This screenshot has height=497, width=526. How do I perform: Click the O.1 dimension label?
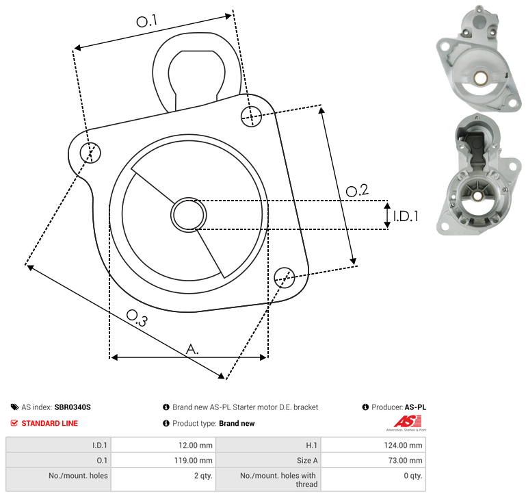click(x=147, y=21)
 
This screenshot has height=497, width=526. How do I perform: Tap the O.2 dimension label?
click(x=357, y=190)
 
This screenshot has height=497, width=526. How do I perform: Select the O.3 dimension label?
click(x=137, y=318)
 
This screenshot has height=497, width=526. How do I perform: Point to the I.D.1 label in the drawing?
click(x=406, y=216)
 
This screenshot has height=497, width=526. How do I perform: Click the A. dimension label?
click(x=192, y=349)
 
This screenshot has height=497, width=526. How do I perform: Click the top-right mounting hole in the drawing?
click(x=251, y=116)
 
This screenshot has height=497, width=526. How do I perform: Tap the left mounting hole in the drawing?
click(x=90, y=153)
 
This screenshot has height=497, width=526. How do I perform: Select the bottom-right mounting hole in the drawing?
click(x=285, y=277)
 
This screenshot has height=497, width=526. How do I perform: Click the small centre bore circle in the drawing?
click(x=189, y=215)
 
